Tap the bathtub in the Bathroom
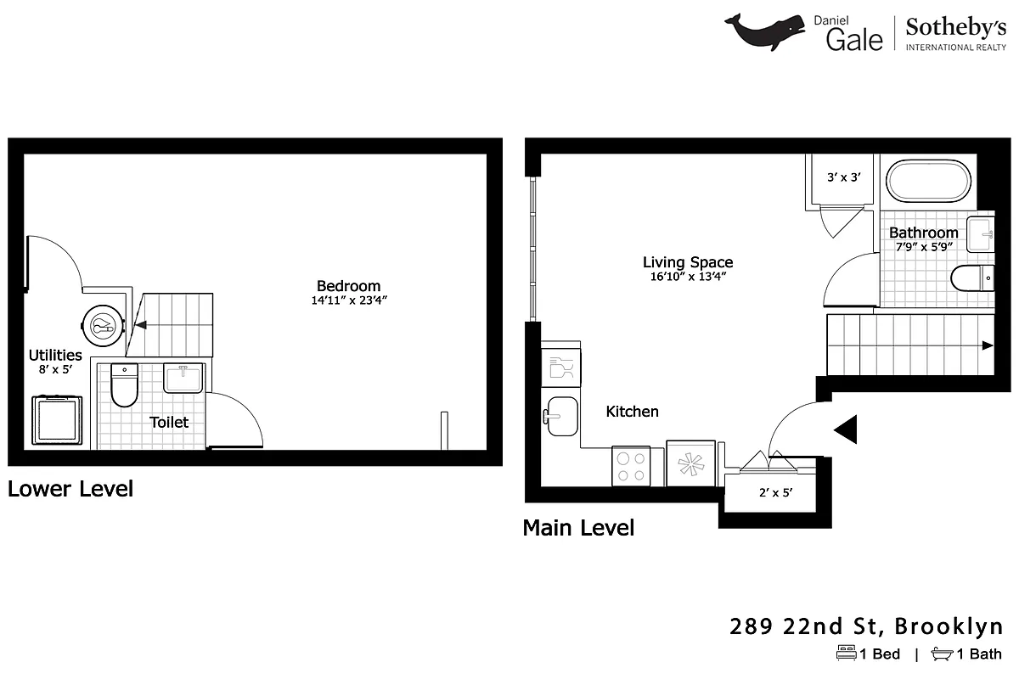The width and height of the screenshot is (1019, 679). (928, 181)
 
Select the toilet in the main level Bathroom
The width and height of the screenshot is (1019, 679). (971, 278)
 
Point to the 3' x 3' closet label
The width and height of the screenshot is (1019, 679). (844, 178)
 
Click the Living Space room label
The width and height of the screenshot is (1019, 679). (687, 262)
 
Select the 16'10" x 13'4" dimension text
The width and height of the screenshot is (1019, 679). (687, 277)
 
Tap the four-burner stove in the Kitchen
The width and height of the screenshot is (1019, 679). (630, 466)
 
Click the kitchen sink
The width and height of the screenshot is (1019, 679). (561, 416)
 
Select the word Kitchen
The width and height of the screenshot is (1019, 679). (632, 412)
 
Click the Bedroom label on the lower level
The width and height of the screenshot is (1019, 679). (348, 286)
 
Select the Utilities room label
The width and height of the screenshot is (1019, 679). (55, 355)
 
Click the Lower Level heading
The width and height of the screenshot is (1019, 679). (70, 489)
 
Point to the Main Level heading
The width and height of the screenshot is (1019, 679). (578, 528)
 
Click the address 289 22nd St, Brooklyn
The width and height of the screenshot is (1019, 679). (866, 627)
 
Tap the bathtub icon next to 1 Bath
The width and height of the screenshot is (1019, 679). (942, 654)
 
